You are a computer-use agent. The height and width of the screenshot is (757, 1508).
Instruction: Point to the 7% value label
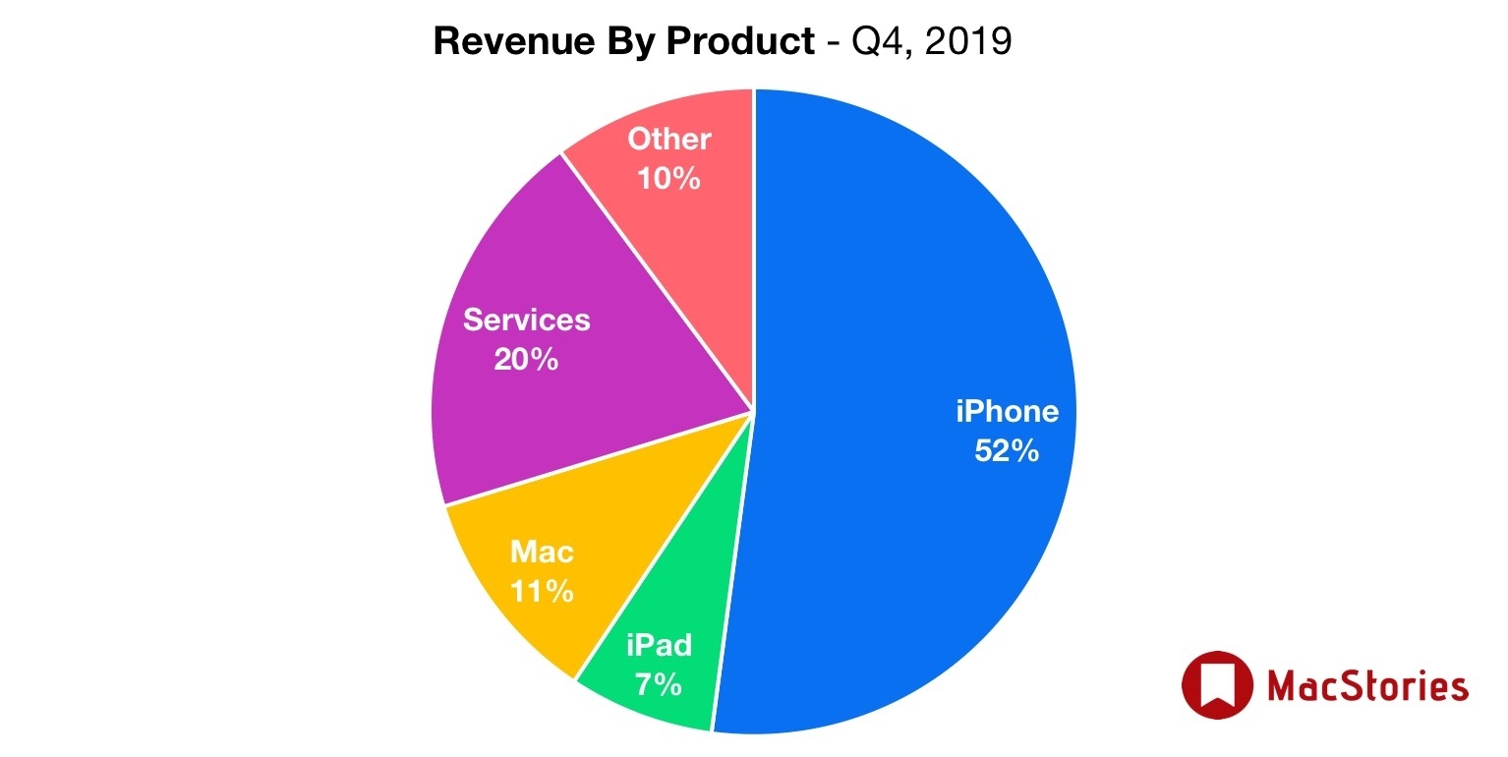point(659,683)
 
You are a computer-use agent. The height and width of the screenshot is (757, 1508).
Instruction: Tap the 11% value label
point(541,591)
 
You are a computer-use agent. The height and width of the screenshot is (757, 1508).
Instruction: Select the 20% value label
point(526,359)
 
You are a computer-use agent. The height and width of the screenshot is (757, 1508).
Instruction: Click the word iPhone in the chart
point(1007,411)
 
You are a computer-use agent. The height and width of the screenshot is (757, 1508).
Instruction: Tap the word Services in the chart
point(526,320)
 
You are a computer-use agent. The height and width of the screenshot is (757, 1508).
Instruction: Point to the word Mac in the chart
point(541,552)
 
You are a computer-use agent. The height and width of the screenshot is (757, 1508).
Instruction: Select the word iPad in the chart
point(659,645)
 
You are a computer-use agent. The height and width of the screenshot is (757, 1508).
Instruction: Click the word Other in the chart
point(668,139)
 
